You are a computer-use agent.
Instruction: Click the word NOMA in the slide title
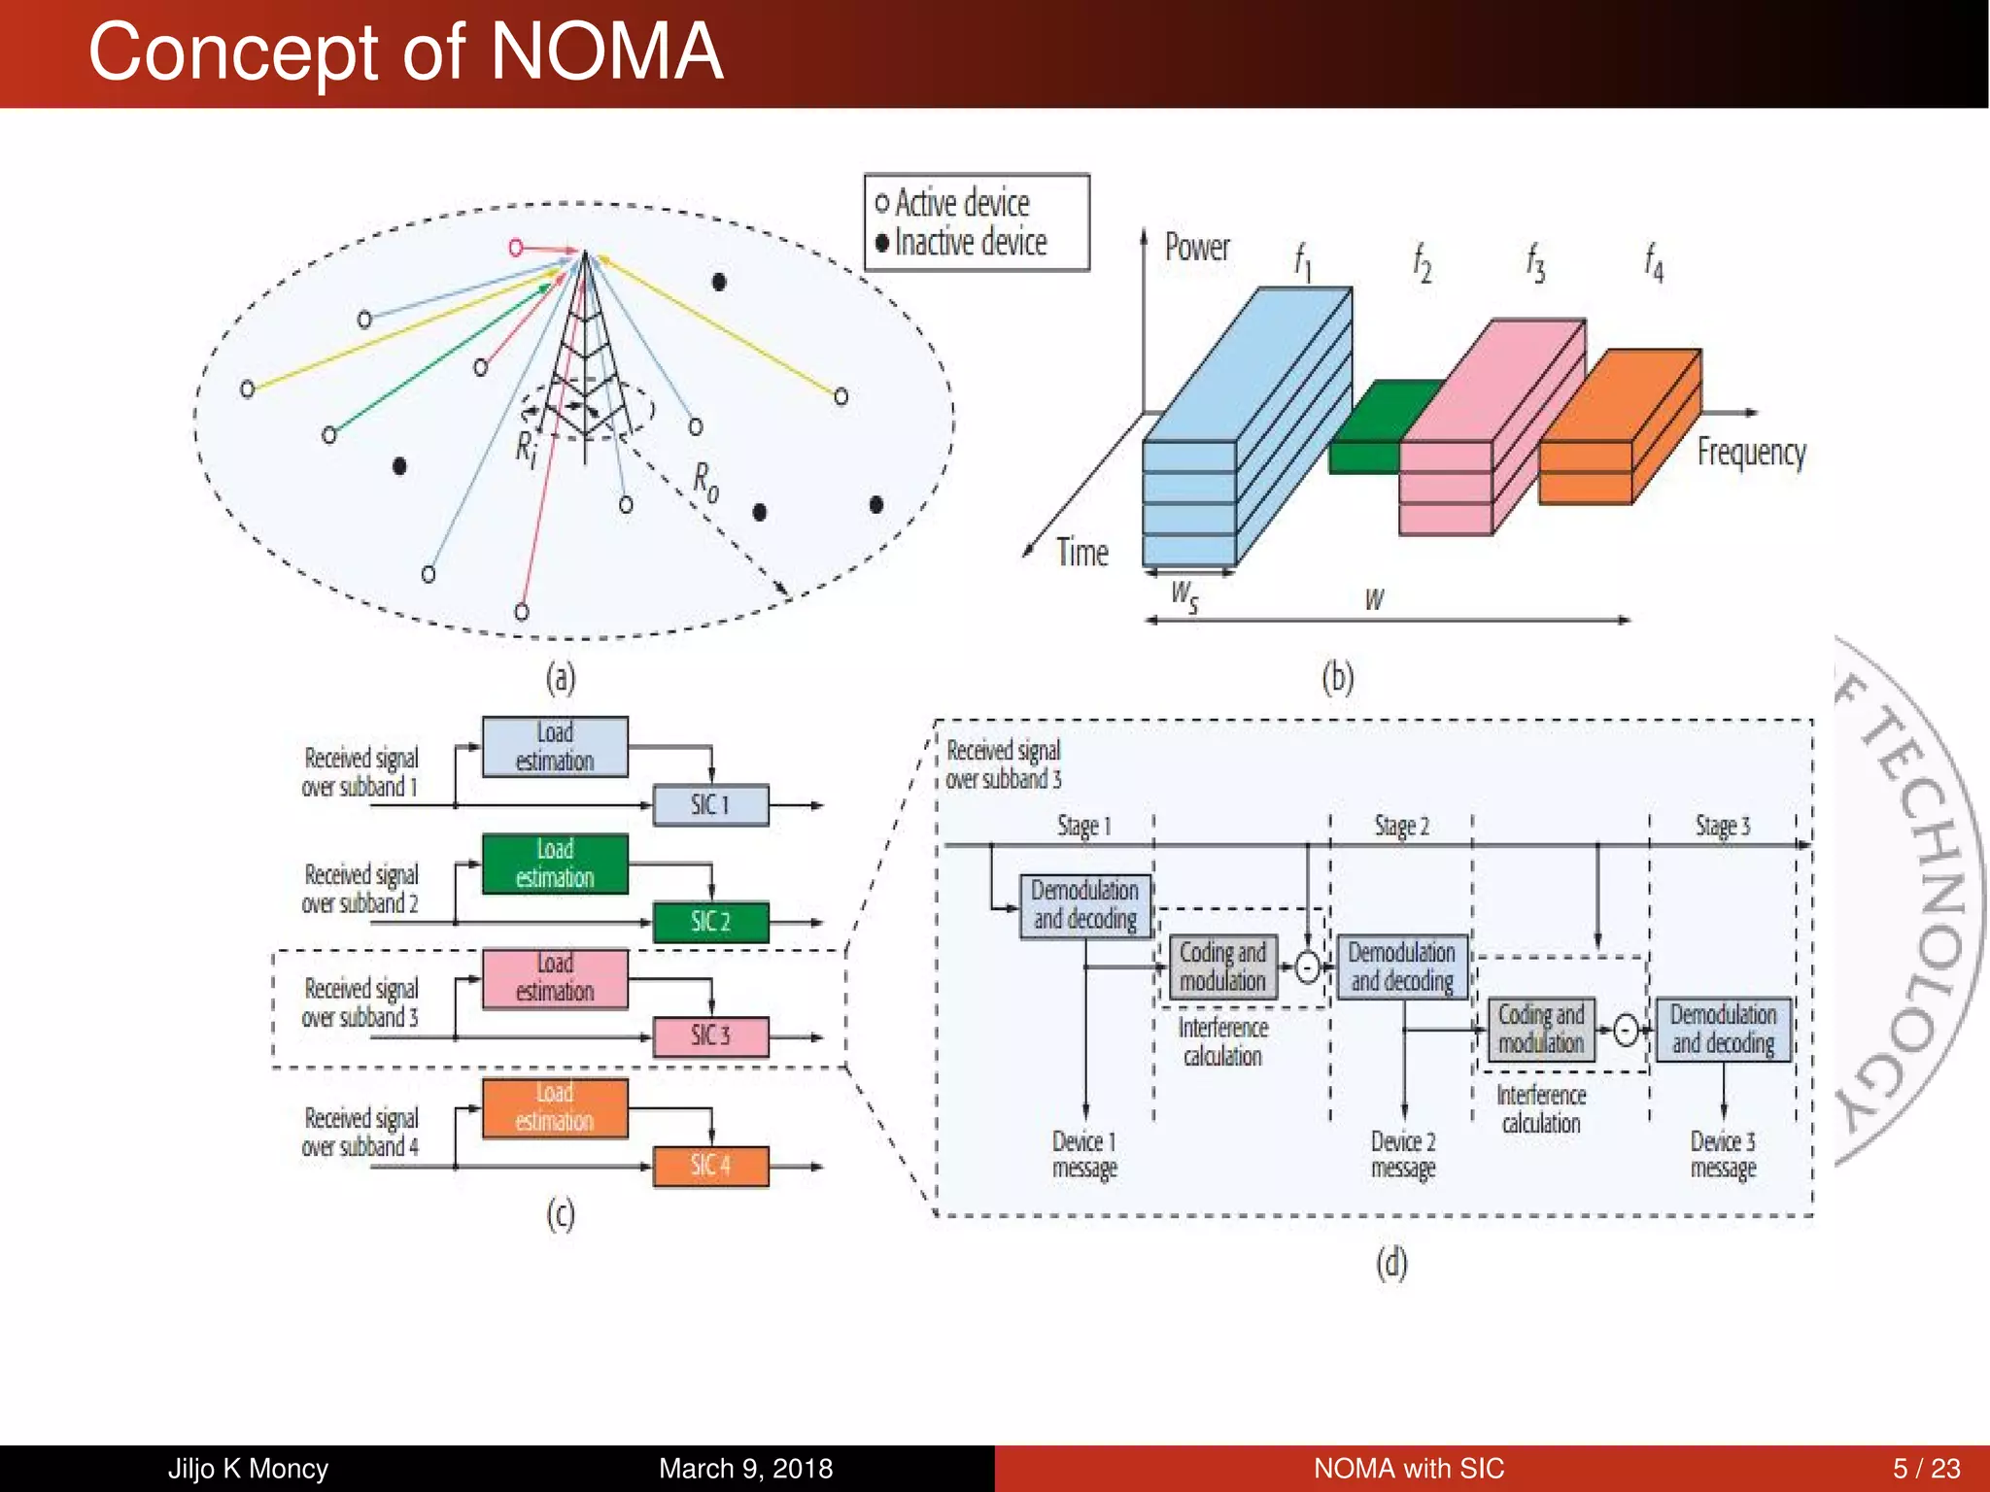[606, 52]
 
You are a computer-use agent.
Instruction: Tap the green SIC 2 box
[710, 922]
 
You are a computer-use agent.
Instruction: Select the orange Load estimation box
[555, 1107]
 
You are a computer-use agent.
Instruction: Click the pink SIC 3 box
[710, 1036]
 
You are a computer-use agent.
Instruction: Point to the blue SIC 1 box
[710, 805]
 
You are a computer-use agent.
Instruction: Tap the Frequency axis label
[1751, 453]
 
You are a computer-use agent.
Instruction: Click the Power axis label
[1196, 248]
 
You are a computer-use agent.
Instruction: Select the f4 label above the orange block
[1653, 262]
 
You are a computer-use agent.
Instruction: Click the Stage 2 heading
[1401, 827]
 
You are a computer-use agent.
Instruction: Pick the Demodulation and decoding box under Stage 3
[1723, 1029]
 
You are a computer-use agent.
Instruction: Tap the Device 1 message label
[1084, 1154]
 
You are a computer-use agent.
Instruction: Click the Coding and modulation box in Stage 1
[1222, 966]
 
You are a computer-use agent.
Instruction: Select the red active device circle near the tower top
[516, 249]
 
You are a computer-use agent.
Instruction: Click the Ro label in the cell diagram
[705, 481]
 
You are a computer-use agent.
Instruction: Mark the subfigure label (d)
[1390, 1264]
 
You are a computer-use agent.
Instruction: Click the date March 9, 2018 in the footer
[745, 1468]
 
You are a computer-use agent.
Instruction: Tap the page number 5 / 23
[1925, 1468]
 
